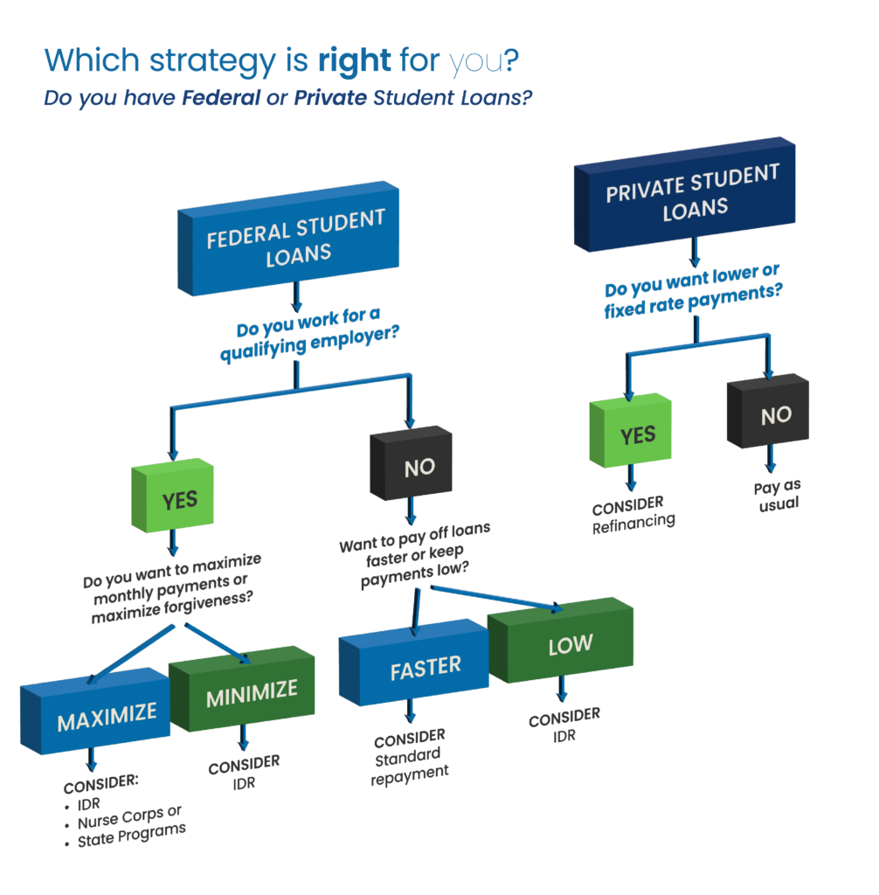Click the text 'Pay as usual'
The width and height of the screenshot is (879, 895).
[777, 496]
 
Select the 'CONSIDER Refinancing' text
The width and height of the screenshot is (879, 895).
[633, 514]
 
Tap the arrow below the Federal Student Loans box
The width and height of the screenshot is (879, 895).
[296, 299]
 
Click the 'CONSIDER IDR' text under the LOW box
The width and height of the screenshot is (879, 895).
[564, 725]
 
